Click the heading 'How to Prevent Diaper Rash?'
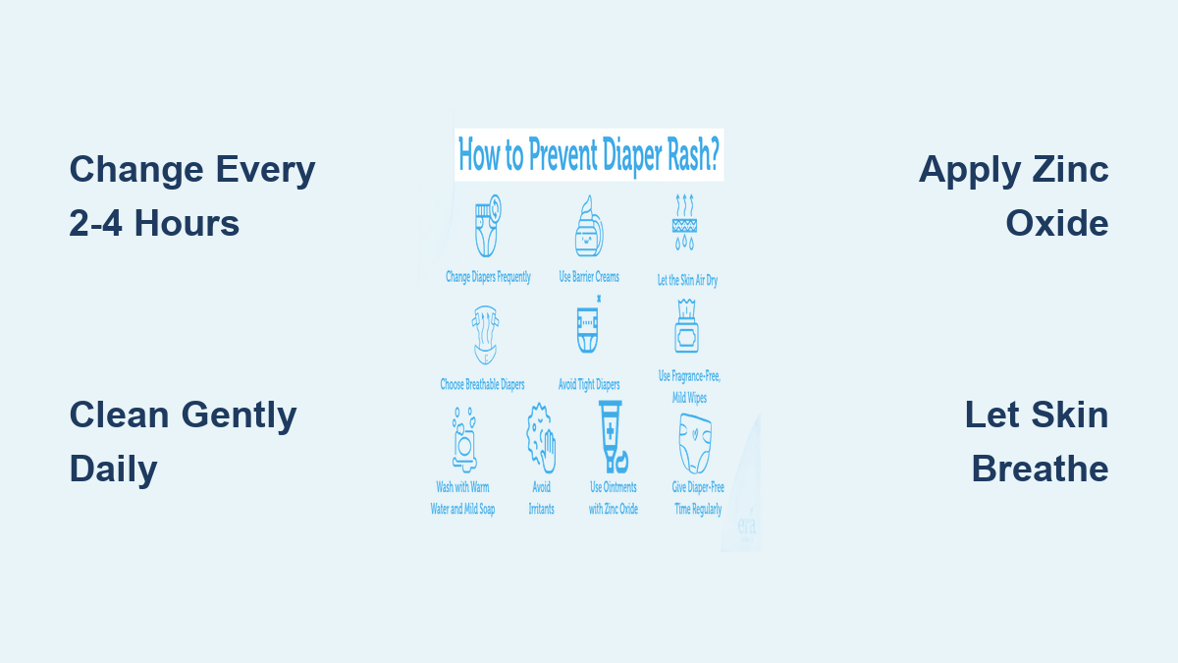[588, 155]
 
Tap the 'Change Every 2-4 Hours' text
[192, 195]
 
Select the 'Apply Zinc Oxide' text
[1013, 195]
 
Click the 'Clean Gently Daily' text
[183, 441]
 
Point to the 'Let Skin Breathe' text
[1037, 441]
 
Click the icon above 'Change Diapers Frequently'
[488, 226]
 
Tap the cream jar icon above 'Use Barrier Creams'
[589, 226]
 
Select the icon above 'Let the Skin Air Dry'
[684, 222]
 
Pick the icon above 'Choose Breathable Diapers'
[485, 335]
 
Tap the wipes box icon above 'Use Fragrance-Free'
[686, 326]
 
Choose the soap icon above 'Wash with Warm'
[463, 440]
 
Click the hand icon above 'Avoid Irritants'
[541, 438]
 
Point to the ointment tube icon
[613, 437]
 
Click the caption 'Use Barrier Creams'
[589, 277]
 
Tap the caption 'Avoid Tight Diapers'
[589, 385]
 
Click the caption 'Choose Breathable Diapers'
[482, 385]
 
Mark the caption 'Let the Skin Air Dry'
[687, 280]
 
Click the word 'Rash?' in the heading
[694, 154]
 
